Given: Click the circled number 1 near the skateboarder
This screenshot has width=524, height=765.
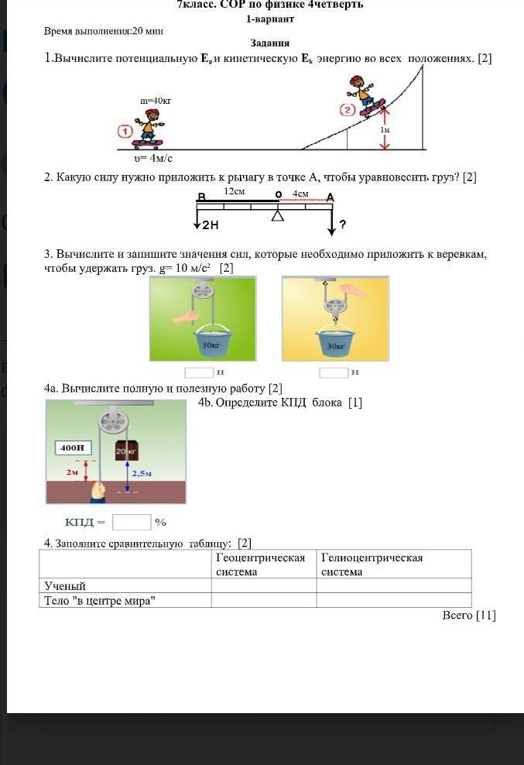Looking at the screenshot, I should [125, 131].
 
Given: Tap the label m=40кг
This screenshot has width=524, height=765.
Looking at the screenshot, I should [156, 101].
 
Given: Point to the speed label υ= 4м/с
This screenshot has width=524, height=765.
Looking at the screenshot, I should [152, 158].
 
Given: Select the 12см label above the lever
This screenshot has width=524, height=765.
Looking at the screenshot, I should [235, 190].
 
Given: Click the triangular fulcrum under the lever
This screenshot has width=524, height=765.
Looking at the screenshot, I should [277, 215].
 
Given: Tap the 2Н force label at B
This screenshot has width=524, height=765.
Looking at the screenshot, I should [210, 225].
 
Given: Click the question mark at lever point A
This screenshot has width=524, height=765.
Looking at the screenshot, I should [342, 225].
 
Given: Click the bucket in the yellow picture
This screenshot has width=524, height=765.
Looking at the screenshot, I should [336, 341].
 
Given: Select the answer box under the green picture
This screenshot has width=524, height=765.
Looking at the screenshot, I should [200, 372].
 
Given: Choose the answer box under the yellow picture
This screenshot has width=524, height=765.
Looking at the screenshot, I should [334, 372].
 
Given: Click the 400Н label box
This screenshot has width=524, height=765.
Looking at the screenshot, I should [74, 448].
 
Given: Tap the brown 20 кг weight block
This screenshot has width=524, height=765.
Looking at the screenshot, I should [126, 450].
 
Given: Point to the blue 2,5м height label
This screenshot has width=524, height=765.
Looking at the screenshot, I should [142, 473].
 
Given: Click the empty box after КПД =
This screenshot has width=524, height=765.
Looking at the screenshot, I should [131, 523].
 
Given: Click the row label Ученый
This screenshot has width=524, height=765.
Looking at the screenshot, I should [66, 586].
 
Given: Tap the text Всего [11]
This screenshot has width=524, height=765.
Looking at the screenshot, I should [468, 616].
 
